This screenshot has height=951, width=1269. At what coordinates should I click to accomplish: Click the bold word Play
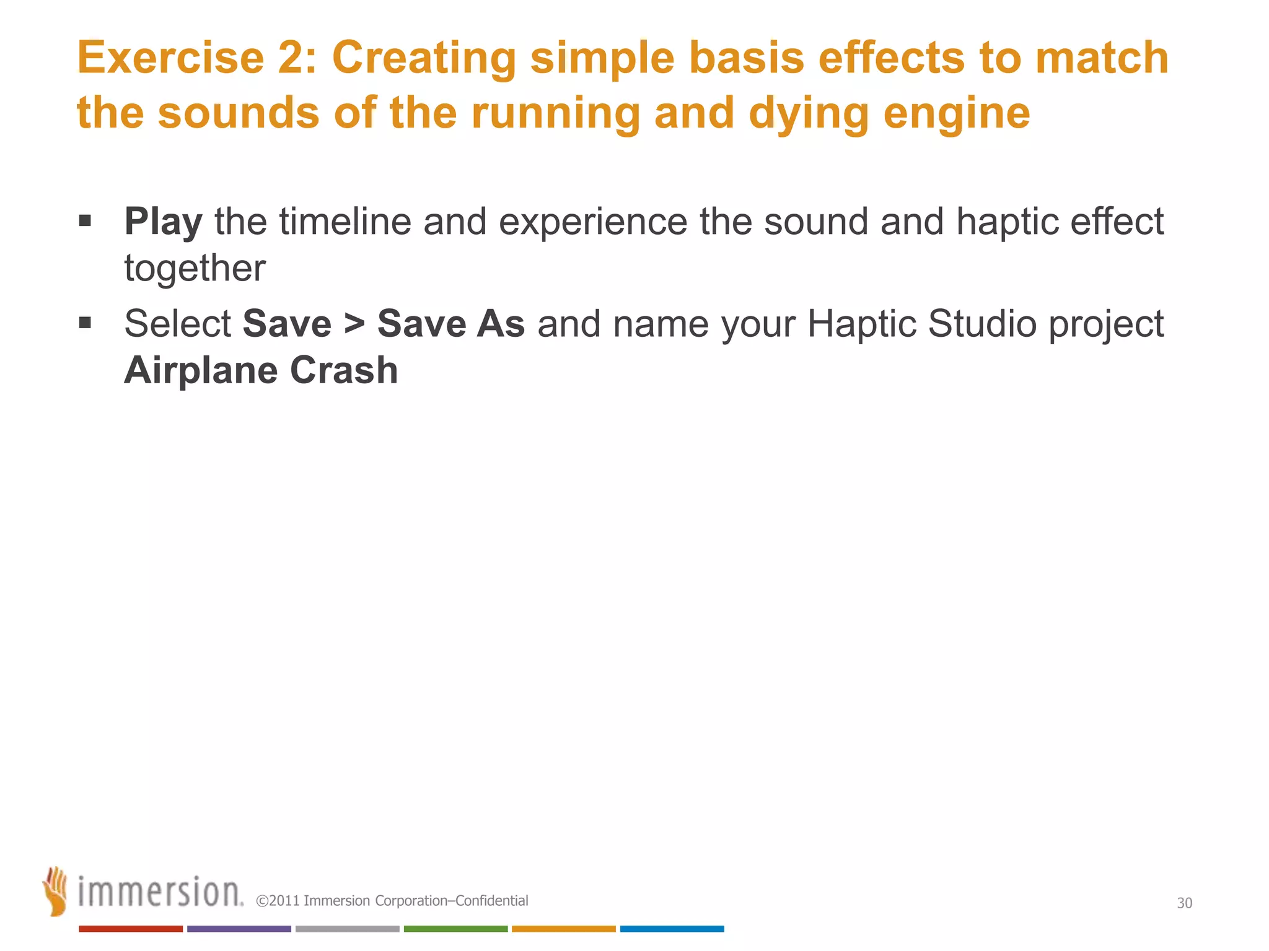point(163,222)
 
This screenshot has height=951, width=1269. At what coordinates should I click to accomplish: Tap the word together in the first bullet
point(195,269)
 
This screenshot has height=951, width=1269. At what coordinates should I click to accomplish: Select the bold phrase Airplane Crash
point(261,371)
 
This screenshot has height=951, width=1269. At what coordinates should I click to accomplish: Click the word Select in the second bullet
point(177,324)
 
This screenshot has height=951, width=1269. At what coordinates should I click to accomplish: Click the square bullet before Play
point(86,221)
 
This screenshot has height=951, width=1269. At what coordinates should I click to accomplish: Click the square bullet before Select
point(86,323)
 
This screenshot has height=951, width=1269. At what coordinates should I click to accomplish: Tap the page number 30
point(1184,903)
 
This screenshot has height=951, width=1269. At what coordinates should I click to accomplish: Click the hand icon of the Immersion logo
point(55,891)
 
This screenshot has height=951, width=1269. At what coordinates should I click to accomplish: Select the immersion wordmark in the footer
point(160,893)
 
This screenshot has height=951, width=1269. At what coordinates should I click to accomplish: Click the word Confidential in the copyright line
point(491,901)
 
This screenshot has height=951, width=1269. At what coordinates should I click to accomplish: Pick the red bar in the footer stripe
point(131,929)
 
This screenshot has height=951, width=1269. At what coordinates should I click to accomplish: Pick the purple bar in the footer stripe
point(239,929)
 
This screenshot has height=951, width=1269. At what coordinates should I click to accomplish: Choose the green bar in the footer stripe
point(455,929)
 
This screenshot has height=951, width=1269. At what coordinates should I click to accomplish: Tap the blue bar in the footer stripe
point(672,929)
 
